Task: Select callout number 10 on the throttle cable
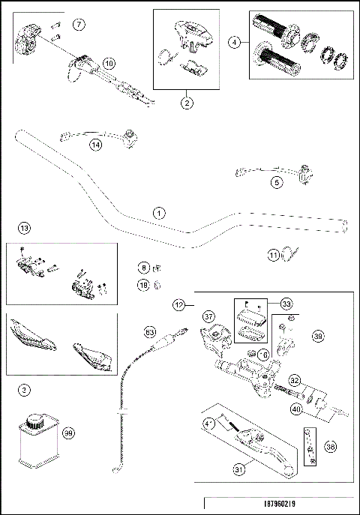(109, 64)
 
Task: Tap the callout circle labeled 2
(187, 104)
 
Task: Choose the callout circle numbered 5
(277, 181)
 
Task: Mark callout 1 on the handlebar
(158, 213)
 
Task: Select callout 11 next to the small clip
(273, 256)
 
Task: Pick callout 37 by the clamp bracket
(209, 316)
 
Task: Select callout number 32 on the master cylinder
(295, 381)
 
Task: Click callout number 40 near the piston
(297, 409)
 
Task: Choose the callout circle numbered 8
(143, 267)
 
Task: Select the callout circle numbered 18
(143, 285)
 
